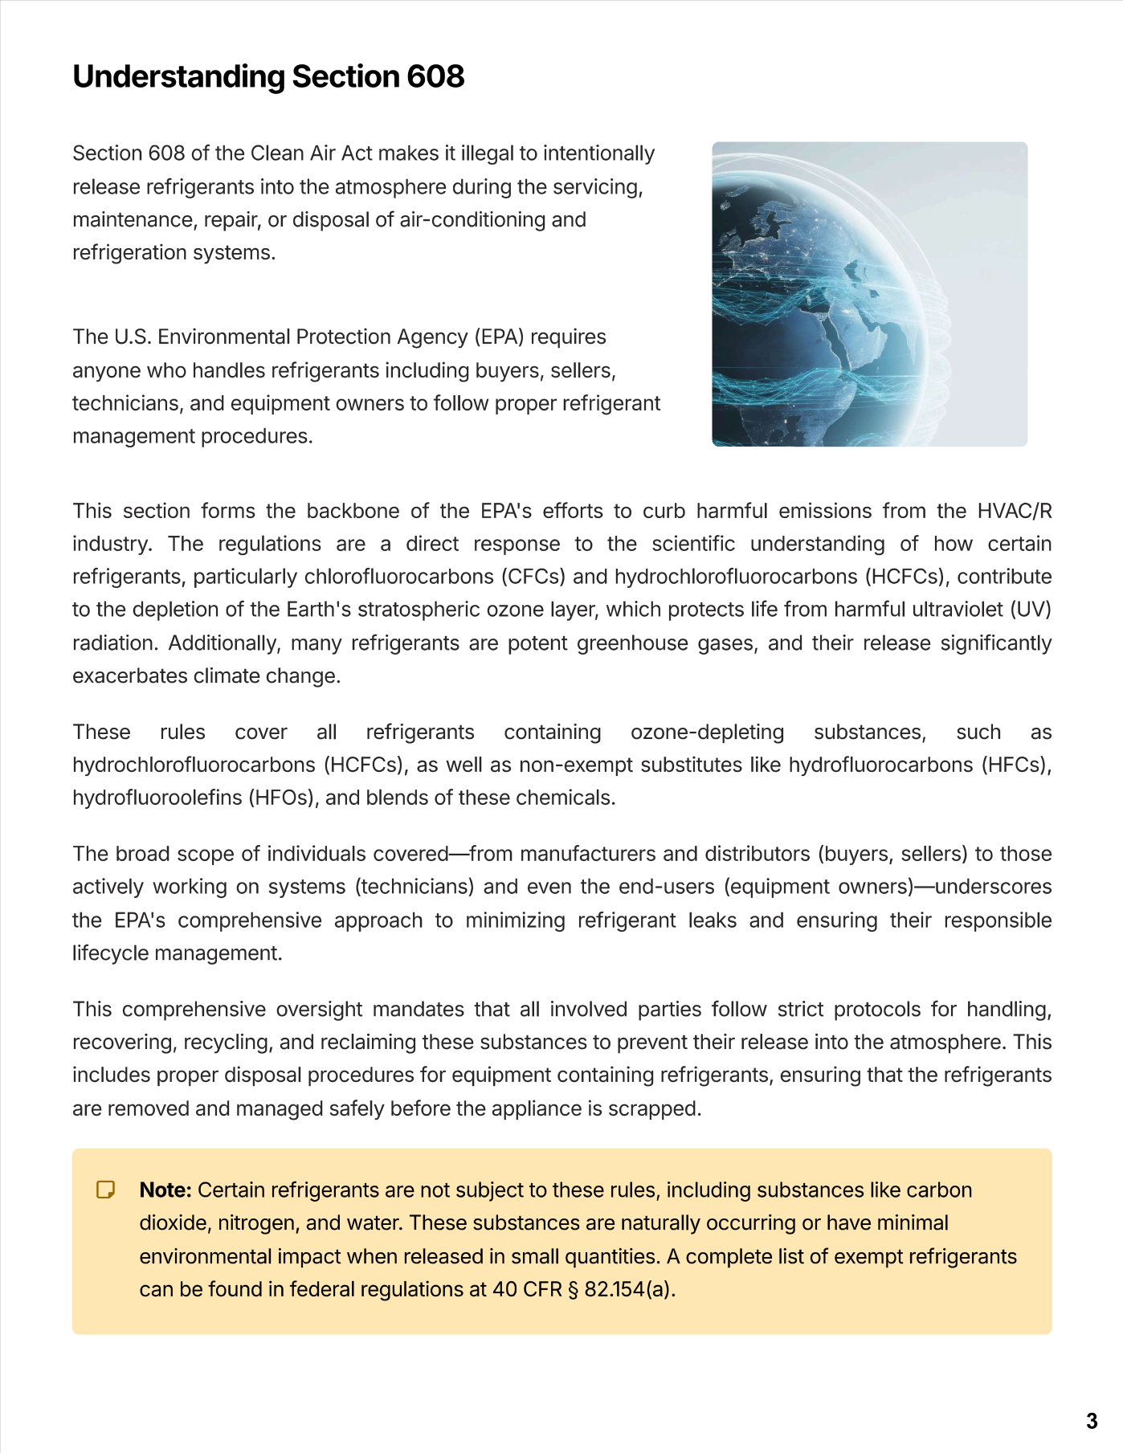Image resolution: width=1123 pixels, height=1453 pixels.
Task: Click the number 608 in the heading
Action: click(435, 77)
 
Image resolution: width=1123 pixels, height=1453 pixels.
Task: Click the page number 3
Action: click(1091, 1421)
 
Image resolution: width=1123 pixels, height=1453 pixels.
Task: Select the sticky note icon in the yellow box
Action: click(105, 1190)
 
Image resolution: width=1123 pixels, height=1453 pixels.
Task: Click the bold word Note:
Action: click(165, 1190)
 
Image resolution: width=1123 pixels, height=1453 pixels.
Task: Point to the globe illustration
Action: click(869, 294)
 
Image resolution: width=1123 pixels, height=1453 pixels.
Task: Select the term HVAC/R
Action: click(1014, 511)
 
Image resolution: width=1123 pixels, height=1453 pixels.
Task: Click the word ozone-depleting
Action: click(707, 732)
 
